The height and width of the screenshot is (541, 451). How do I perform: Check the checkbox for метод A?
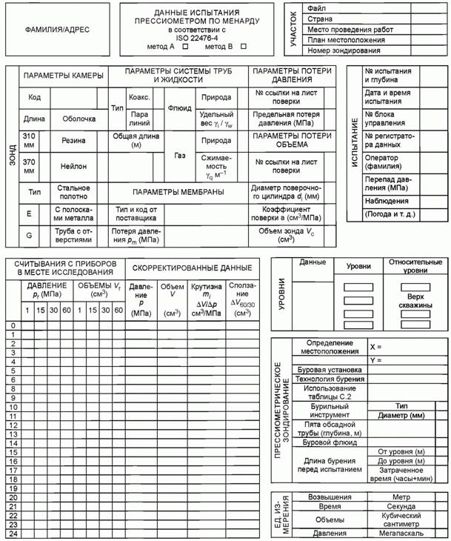tap(185, 46)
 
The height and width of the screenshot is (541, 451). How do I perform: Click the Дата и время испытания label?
tap(383, 96)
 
